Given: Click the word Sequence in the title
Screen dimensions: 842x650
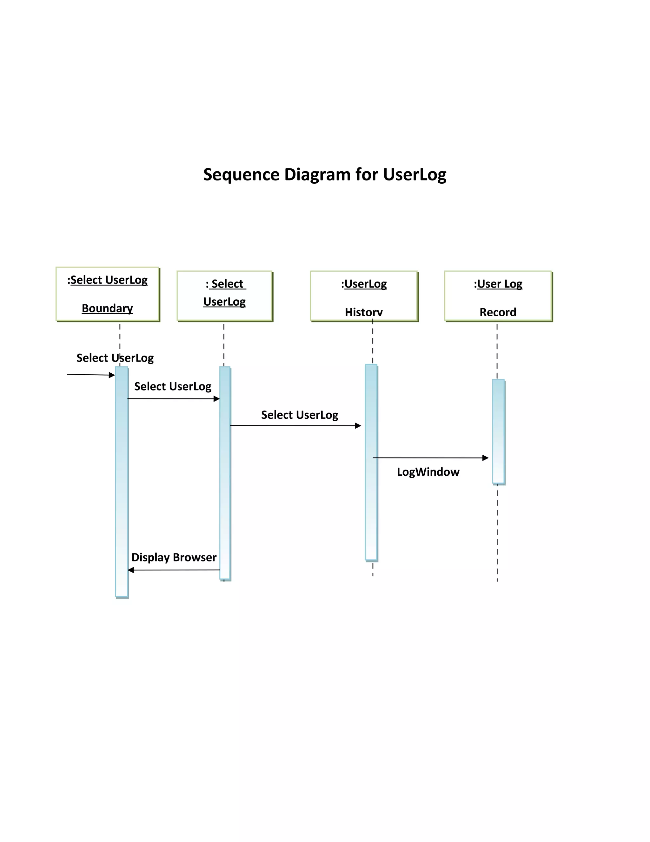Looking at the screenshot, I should (241, 175).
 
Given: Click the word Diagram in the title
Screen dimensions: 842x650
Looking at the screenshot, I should (317, 175).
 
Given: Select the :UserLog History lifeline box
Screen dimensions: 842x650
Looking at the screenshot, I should (363, 296).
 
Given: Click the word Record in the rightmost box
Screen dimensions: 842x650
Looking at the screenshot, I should (498, 312).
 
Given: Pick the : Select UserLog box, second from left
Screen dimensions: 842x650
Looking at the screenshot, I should (224, 296).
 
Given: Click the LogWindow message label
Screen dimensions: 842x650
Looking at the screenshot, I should (428, 472).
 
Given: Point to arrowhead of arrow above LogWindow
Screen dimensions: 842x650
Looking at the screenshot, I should (486, 458).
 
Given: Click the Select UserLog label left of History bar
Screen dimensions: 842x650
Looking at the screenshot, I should (300, 415).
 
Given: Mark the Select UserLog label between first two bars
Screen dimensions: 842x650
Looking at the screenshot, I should (173, 386).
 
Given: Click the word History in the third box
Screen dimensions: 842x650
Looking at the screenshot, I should (363, 312).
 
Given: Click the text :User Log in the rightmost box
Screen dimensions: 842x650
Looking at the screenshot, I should (498, 284).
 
